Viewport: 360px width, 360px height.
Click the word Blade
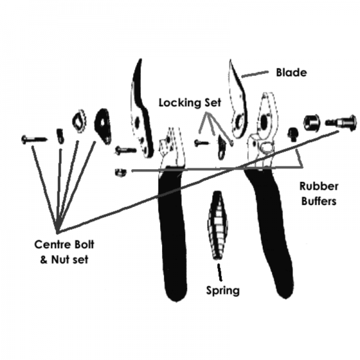290,73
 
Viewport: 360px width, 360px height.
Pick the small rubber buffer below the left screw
119,172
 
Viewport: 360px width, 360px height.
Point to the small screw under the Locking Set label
200,143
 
